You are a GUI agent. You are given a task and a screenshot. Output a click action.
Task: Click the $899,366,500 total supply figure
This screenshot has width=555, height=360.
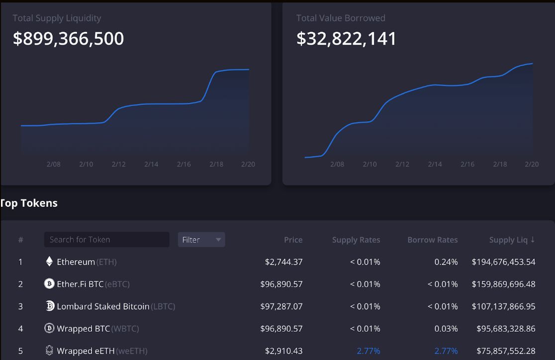68,39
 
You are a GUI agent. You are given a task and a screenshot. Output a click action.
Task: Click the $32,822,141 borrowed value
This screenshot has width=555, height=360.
346,39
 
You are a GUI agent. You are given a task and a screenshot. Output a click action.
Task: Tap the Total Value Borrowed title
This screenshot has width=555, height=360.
341,18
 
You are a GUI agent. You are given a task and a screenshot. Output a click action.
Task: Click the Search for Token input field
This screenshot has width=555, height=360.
106,240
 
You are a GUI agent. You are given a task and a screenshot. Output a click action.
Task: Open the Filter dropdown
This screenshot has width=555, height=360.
201,240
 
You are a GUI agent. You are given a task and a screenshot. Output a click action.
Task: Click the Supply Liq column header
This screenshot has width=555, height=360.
512,240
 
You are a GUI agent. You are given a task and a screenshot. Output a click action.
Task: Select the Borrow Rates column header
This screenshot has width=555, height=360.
432,240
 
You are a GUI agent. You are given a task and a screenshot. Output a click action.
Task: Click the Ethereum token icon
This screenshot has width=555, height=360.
49,262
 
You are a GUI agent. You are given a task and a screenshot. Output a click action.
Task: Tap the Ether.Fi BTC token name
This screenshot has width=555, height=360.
80,284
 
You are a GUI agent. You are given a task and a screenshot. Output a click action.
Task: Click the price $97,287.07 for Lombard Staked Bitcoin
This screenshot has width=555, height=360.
281,306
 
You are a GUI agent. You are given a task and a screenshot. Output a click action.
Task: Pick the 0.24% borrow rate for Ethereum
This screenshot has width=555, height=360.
446,262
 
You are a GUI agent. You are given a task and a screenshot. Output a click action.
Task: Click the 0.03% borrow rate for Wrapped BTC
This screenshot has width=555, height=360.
446,329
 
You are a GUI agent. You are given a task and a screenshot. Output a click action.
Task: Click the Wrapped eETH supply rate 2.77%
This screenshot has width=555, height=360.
368,351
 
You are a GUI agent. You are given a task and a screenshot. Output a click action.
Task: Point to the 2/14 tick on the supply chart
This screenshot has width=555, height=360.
151,164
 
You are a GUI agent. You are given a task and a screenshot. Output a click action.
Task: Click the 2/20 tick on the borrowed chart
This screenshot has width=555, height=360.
532,164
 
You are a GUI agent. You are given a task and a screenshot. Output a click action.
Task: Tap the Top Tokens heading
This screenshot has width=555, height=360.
29,203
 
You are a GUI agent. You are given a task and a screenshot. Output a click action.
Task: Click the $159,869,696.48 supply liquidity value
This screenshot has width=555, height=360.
503,284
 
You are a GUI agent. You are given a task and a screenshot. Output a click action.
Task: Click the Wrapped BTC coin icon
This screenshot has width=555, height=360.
49,329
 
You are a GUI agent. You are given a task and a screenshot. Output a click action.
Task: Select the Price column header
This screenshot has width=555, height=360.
293,240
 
